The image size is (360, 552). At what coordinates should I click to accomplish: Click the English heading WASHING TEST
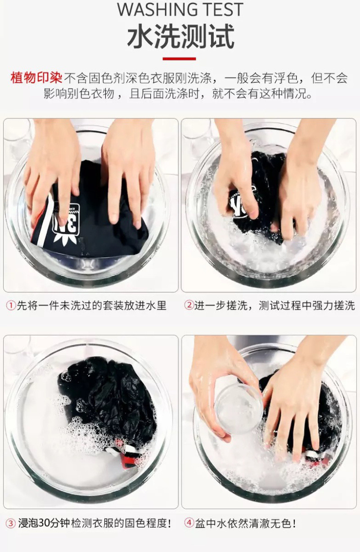click(x=180, y=9)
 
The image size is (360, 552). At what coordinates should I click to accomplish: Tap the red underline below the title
click(x=179, y=59)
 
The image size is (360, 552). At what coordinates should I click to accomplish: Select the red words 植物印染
click(x=36, y=78)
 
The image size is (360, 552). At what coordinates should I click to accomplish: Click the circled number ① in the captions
click(x=11, y=306)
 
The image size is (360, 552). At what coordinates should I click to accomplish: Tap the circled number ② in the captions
click(x=189, y=305)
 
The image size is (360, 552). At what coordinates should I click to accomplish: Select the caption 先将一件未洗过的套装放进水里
click(x=92, y=306)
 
